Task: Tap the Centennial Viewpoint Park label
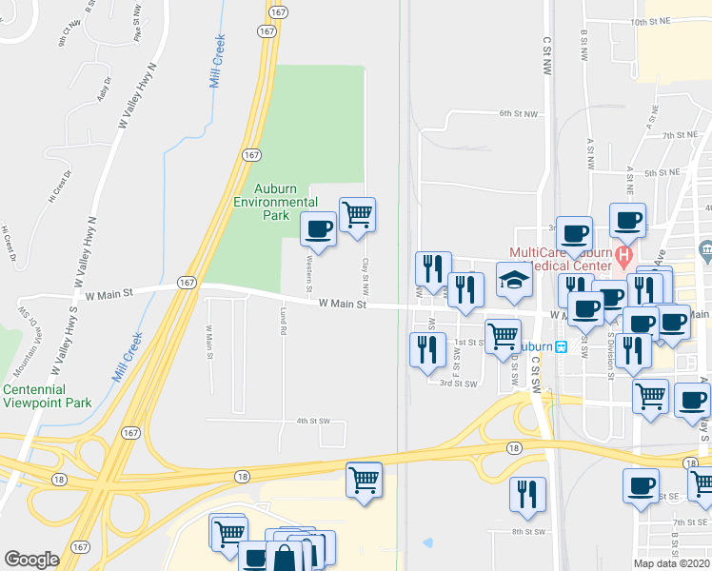[x=47, y=396]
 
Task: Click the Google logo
[x=31, y=560]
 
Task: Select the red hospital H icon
[x=623, y=254]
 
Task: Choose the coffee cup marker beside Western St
[x=319, y=229]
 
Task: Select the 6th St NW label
[x=518, y=113]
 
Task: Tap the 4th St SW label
[x=312, y=420]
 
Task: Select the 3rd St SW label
[x=458, y=383]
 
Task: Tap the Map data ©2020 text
[x=670, y=563]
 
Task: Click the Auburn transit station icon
[x=562, y=346]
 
